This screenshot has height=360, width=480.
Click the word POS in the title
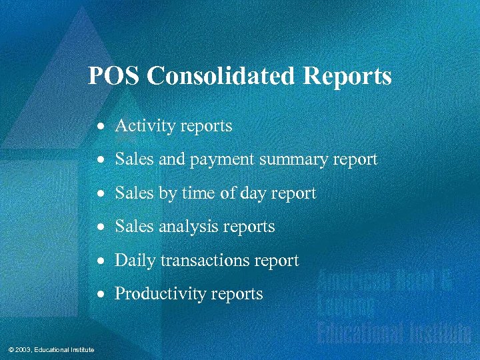pyautogui.click(x=114, y=76)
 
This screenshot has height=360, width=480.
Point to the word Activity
pyautogui.click(x=141, y=126)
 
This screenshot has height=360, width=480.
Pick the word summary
pyautogui.click(x=291, y=160)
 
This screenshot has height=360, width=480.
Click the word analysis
pyautogui.click(x=188, y=227)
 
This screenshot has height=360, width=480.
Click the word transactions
pyautogui.click(x=200, y=261)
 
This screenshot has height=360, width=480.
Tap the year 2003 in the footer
pyautogui.click(x=21, y=350)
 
